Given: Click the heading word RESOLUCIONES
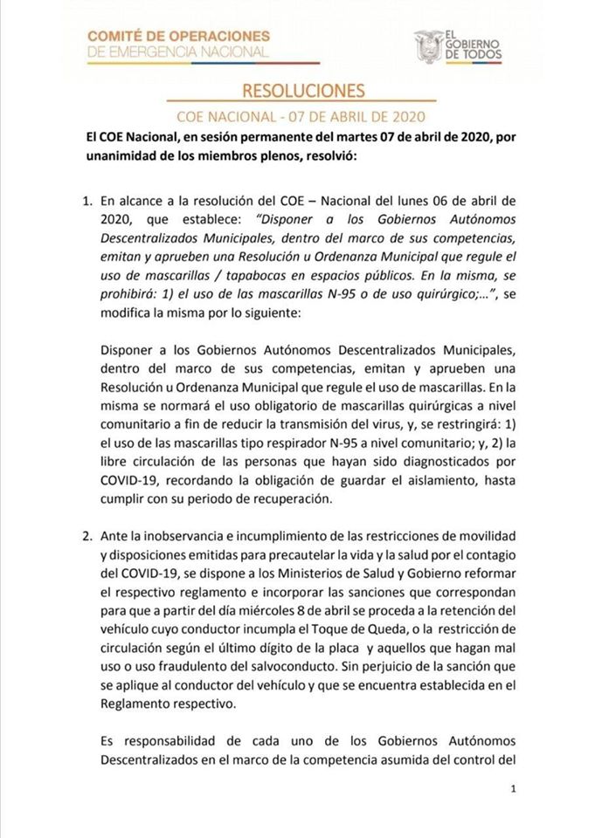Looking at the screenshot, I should [x=302, y=91].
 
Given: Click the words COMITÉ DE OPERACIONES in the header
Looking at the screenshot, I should [x=178, y=36].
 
